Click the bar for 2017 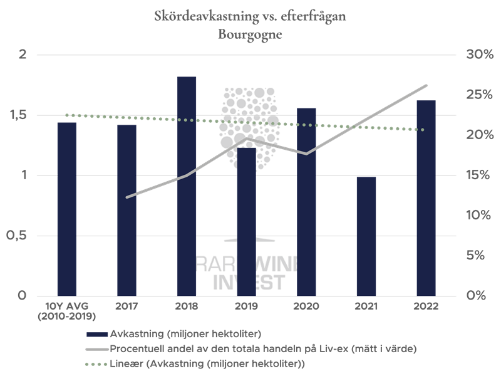(127, 210)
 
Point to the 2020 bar (306, 201)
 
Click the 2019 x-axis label (246, 306)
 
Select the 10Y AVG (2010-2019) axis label (66, 311)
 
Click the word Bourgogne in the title (250, 35)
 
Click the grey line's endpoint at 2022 (426, 85)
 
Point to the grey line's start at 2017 (127, 197)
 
